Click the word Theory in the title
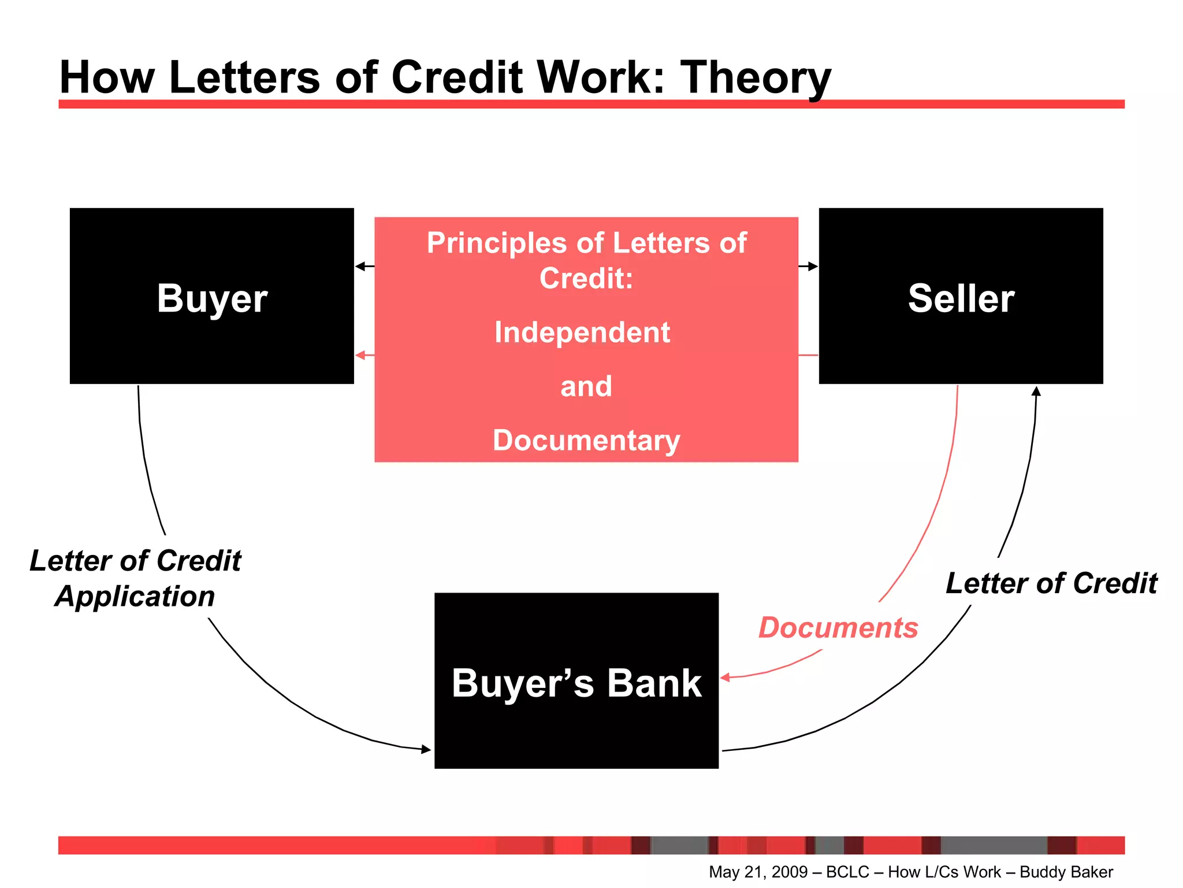756,78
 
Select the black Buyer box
211,296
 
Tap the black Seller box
961,296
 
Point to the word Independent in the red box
582,332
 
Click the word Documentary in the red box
586,441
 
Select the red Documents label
838,628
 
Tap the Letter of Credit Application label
135,578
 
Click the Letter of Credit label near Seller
1051,583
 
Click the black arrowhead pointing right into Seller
813,267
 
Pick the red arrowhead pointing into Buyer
360,355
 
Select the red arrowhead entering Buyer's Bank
726,677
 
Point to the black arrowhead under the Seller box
1036,391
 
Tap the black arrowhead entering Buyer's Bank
426,750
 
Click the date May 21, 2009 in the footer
758,872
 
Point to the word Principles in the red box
497,243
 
